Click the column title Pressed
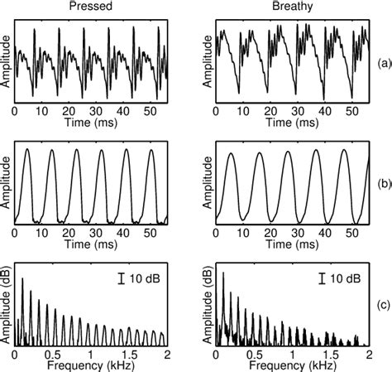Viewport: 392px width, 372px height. (x=90, y=7)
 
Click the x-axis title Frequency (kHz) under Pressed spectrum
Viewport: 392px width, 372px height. (x=90, y=365)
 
